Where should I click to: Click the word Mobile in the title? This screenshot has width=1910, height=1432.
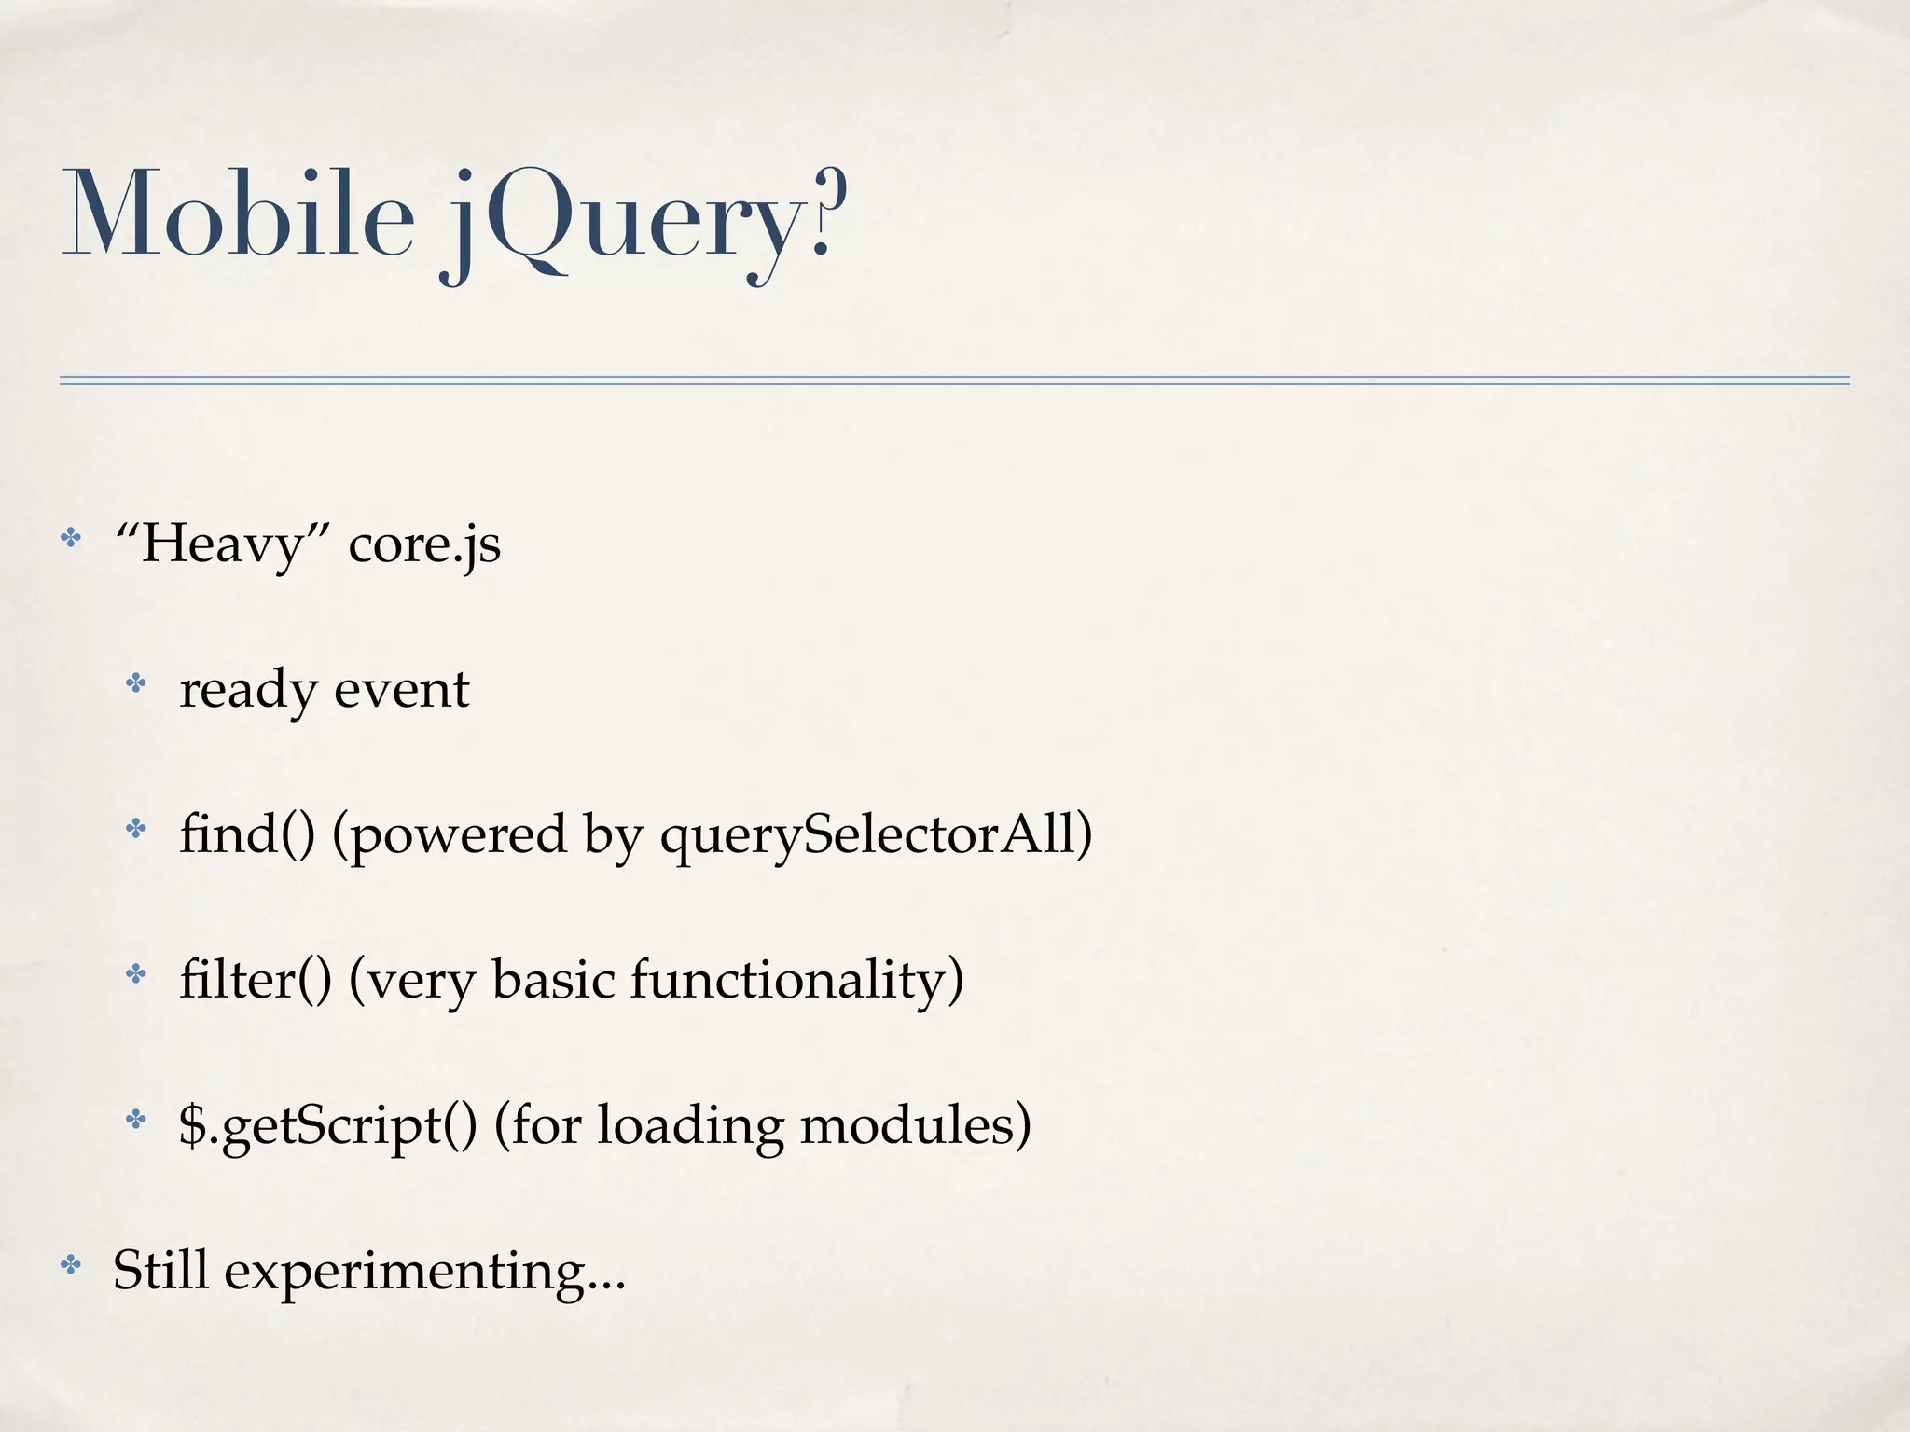tap(238, 213)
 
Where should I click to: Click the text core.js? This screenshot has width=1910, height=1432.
tap(424, 544)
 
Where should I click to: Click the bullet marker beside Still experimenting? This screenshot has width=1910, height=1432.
tap(70, 1265)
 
